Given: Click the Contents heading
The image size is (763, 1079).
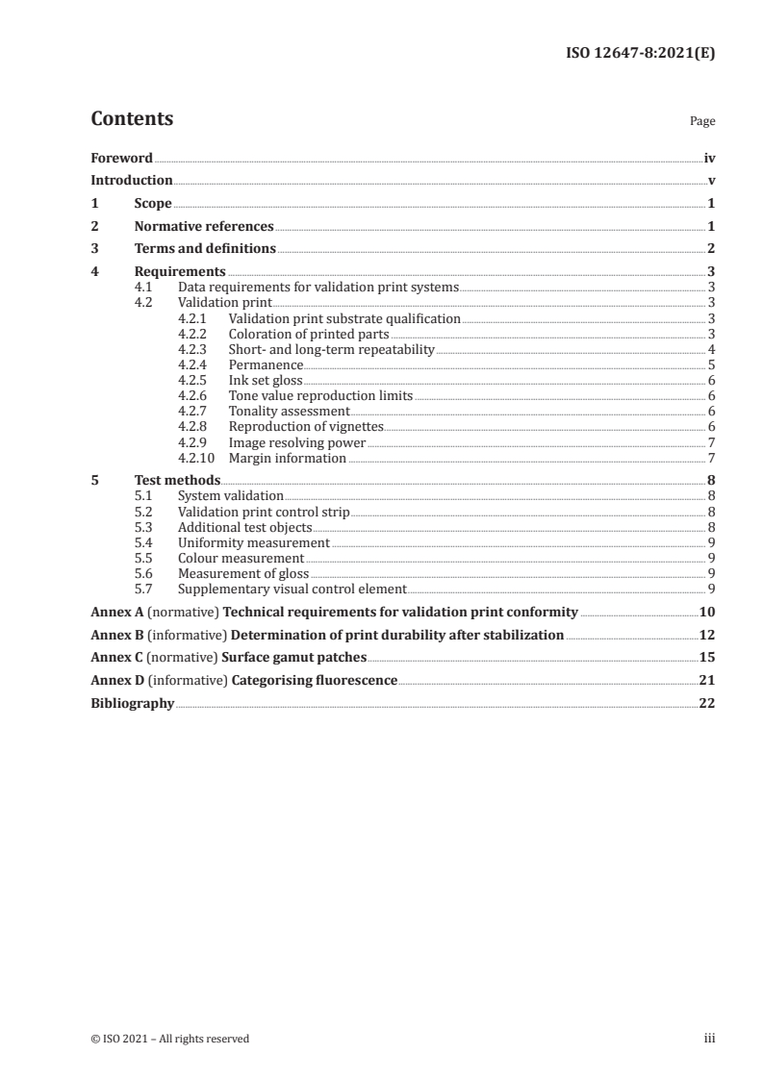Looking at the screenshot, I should [x=132, y=119].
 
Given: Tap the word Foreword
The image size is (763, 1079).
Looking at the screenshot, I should [x=121, y=158].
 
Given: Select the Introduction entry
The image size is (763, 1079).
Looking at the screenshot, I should [x=131, y=180].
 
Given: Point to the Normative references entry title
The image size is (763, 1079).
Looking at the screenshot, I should [x=204, y=227].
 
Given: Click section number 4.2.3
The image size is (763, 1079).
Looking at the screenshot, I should [x=193, y=349].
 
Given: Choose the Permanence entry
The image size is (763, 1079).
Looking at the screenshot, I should [x=266, y=364].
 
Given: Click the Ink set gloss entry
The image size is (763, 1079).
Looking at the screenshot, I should [x=266, y=380].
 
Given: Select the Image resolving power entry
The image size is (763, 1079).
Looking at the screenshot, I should [x=297, y=442].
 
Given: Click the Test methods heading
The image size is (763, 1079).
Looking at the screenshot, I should [x=177, y=480].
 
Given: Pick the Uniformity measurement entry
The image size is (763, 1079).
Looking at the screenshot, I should [x=254, y=542].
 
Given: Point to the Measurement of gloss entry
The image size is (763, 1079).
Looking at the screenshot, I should [x=243, y=573].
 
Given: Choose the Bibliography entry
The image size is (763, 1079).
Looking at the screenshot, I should [x=132, y=703].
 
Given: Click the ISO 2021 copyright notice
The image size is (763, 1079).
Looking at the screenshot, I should [x=169, y=1038].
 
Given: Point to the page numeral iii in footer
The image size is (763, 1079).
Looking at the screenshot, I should [x=709, y=1038].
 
